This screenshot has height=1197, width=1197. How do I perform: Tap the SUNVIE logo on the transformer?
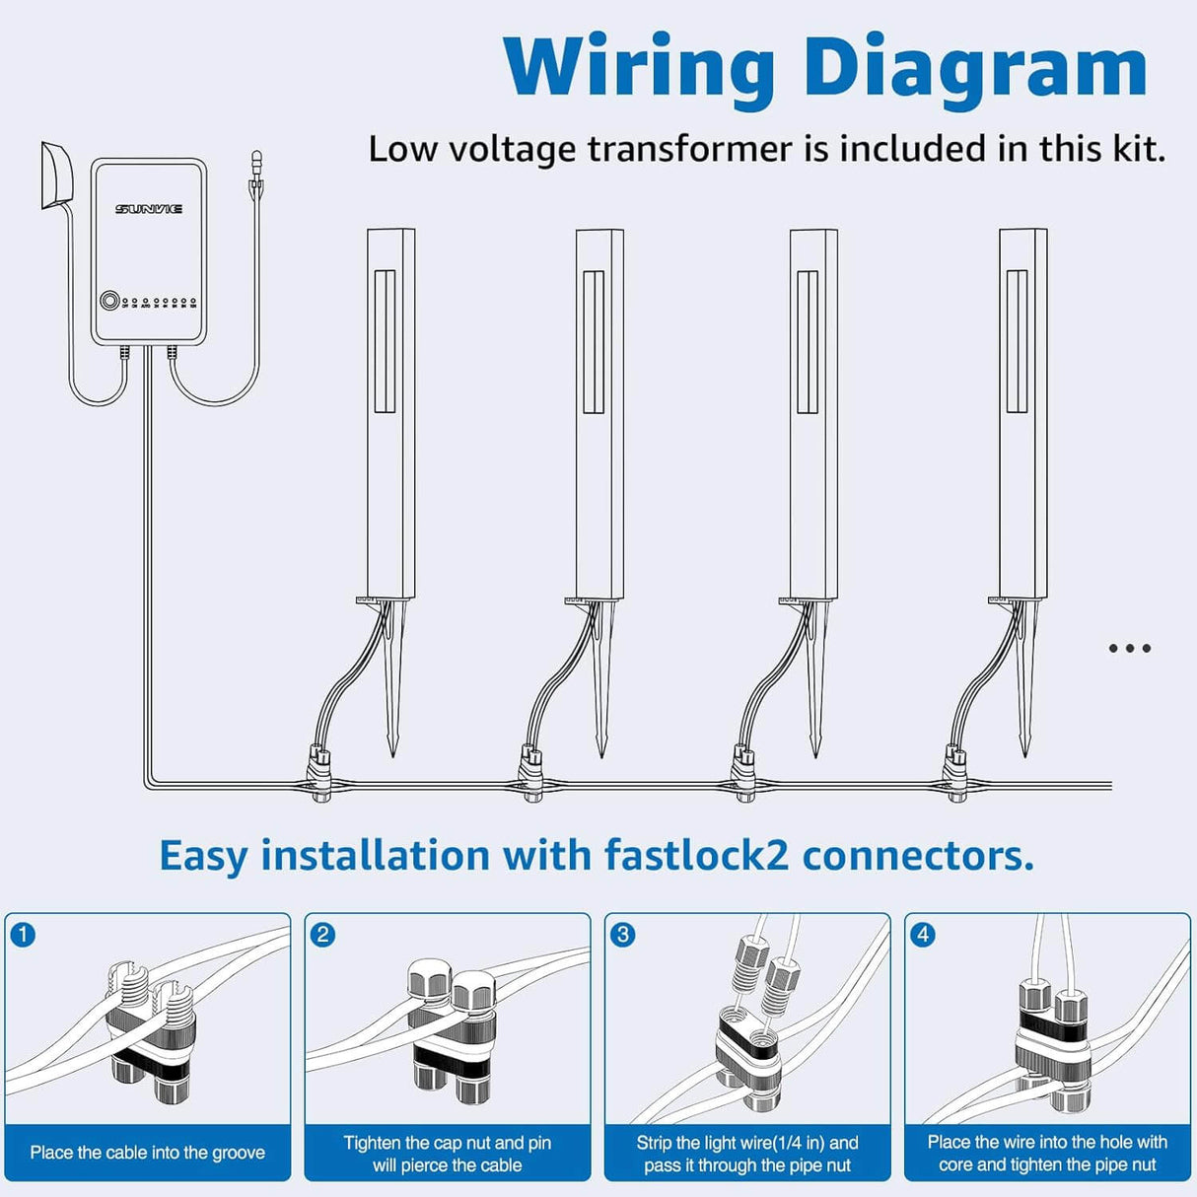149,209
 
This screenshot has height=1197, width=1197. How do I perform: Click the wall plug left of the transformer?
56,176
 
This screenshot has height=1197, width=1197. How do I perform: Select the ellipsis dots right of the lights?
1129,648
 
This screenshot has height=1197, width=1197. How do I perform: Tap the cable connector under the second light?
531,774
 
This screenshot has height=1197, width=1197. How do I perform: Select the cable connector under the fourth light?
954,774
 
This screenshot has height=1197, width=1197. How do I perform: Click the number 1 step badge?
23,934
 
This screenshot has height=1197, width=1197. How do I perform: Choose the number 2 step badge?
322,934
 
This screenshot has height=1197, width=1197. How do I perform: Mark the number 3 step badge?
622,934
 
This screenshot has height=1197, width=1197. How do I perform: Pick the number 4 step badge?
922,934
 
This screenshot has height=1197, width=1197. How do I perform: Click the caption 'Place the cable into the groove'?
148,1153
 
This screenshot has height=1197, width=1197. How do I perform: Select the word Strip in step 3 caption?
654,1143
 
